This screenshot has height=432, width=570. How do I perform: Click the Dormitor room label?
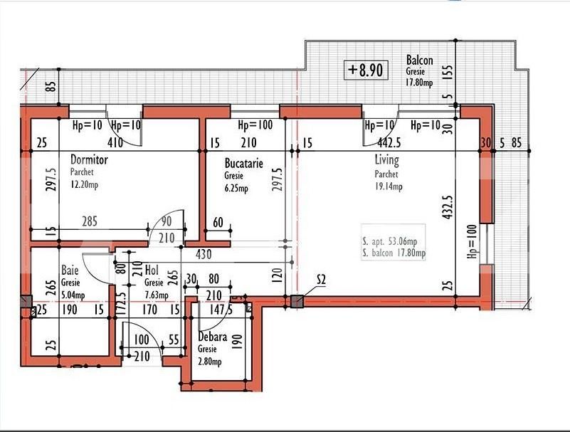click(x=89, y=159)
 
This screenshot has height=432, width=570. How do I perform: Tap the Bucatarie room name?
click(x=243, y=163)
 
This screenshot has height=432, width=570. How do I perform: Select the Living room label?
click(x=387, y=160)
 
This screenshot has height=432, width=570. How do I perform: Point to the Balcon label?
click(x=420, y=60)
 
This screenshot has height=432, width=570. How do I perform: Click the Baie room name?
click(x=70, y=270)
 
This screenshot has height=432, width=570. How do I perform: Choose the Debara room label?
click(x=213, y=337)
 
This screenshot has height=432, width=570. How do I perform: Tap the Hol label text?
click(x=152, y=270)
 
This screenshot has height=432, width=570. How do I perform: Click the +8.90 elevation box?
click(x=366, y=70)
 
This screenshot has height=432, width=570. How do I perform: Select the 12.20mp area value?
click(x=84, y=185)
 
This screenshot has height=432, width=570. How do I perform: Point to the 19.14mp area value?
click(x=389, y=186)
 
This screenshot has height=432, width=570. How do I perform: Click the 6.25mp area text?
click(x=236, y=189)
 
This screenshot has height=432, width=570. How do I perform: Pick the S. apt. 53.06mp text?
click(x=390, y=241)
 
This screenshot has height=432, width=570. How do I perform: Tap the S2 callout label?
click(x=321, y=280)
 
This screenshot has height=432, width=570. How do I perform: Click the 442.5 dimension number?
click(x=389, y=143)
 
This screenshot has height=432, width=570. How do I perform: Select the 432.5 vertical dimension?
click(x=448, y=207)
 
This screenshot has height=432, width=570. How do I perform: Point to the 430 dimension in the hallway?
click(x=204, y=254)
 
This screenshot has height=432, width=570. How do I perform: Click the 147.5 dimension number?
click(x=221, y=310)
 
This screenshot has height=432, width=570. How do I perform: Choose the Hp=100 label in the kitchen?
click(x=255, y=125)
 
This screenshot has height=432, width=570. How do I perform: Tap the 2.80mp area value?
click(x=210, y=362)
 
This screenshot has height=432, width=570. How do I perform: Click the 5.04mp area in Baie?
click(x=73, y=295)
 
